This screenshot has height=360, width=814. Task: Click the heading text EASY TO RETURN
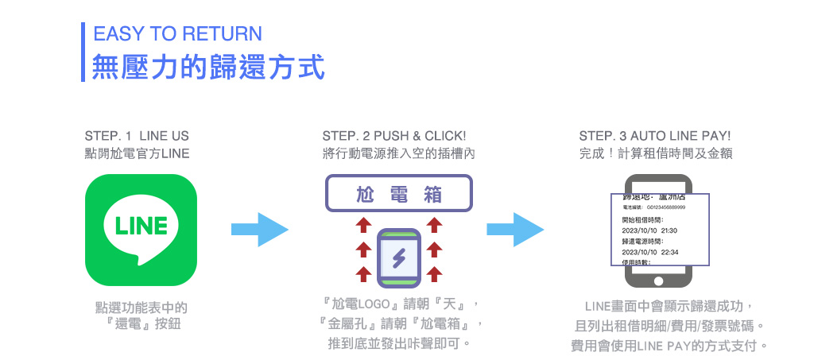(177, 34)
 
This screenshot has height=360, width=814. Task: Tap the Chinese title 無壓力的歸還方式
(208, 67)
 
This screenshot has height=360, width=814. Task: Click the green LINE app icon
(141, 230)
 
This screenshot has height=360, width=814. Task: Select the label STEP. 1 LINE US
(137, 136)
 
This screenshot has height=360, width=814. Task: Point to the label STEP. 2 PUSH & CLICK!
(394, 136)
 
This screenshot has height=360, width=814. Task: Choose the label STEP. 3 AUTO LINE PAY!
(654, 136)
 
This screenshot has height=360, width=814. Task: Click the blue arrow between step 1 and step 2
(259, 230)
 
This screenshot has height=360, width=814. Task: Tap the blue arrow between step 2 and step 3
(515, 230)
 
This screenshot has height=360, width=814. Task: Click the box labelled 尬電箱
(399, 194)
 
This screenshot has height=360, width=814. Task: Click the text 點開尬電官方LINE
(137, 153)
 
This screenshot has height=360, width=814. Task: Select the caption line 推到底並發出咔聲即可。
(399, 343)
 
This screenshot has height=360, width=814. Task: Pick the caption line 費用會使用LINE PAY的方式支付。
(669, 346)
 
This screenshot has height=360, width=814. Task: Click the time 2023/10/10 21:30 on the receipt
(649, 230)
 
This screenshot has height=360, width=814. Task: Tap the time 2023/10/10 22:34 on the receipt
(649, 252)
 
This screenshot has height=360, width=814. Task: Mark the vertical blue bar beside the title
(83, 52)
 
